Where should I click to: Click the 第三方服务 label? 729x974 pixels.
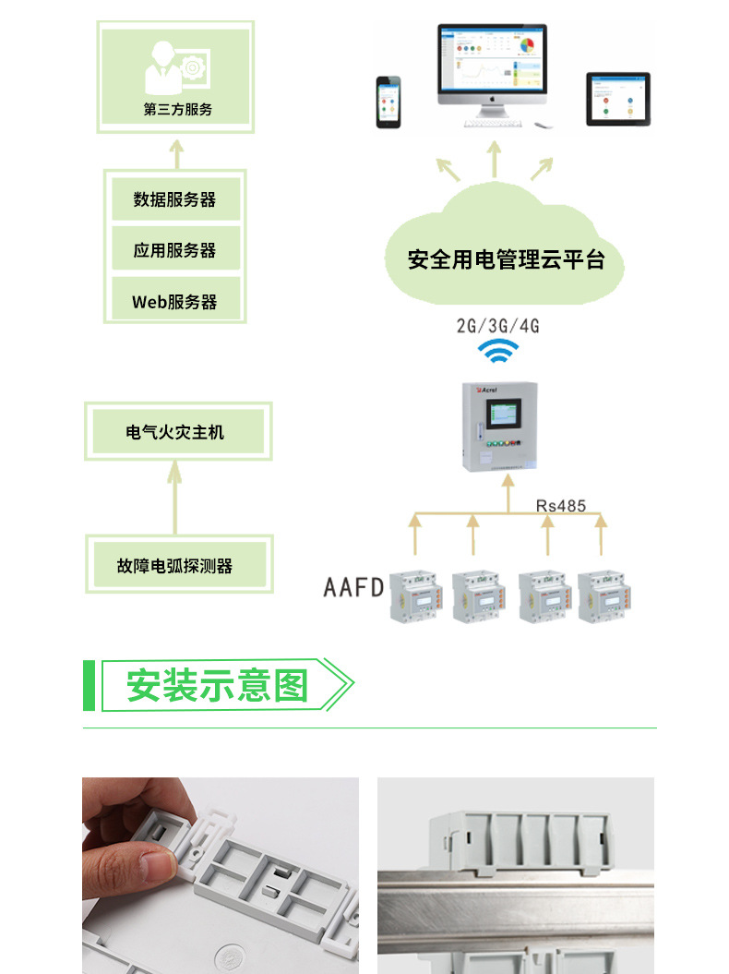click(x=177, y=109)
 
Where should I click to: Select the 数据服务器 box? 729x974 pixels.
click(x=174, y=199)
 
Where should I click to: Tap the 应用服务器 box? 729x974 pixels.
click(x=174, y=250)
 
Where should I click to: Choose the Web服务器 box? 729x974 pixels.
click(x=174, y=301)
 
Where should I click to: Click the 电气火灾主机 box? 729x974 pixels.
click(x=175, y=431)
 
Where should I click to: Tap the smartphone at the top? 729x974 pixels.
click(x=388, y=102)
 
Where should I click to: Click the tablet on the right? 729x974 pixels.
click(x=618, y=99)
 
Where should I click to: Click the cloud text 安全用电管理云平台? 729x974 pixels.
click(x=506, y=259)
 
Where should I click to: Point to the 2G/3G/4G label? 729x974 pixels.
click(x=497, y=325)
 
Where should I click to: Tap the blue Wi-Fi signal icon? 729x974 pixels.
click(x=497, y=352)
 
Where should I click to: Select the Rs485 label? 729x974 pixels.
click(x=560, y=506)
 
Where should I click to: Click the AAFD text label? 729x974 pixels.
click(x=353, y=587)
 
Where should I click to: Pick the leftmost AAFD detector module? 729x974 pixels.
click(x=417, y=595)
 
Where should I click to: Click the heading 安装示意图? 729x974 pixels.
click(x=217, y=685)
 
